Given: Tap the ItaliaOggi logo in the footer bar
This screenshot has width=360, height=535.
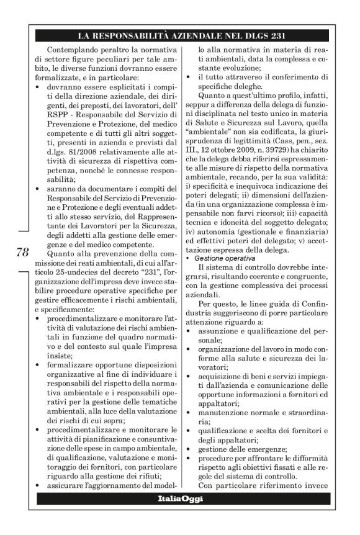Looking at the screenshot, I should point(180,499).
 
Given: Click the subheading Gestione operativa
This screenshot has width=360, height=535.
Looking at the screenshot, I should point(222,258).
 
